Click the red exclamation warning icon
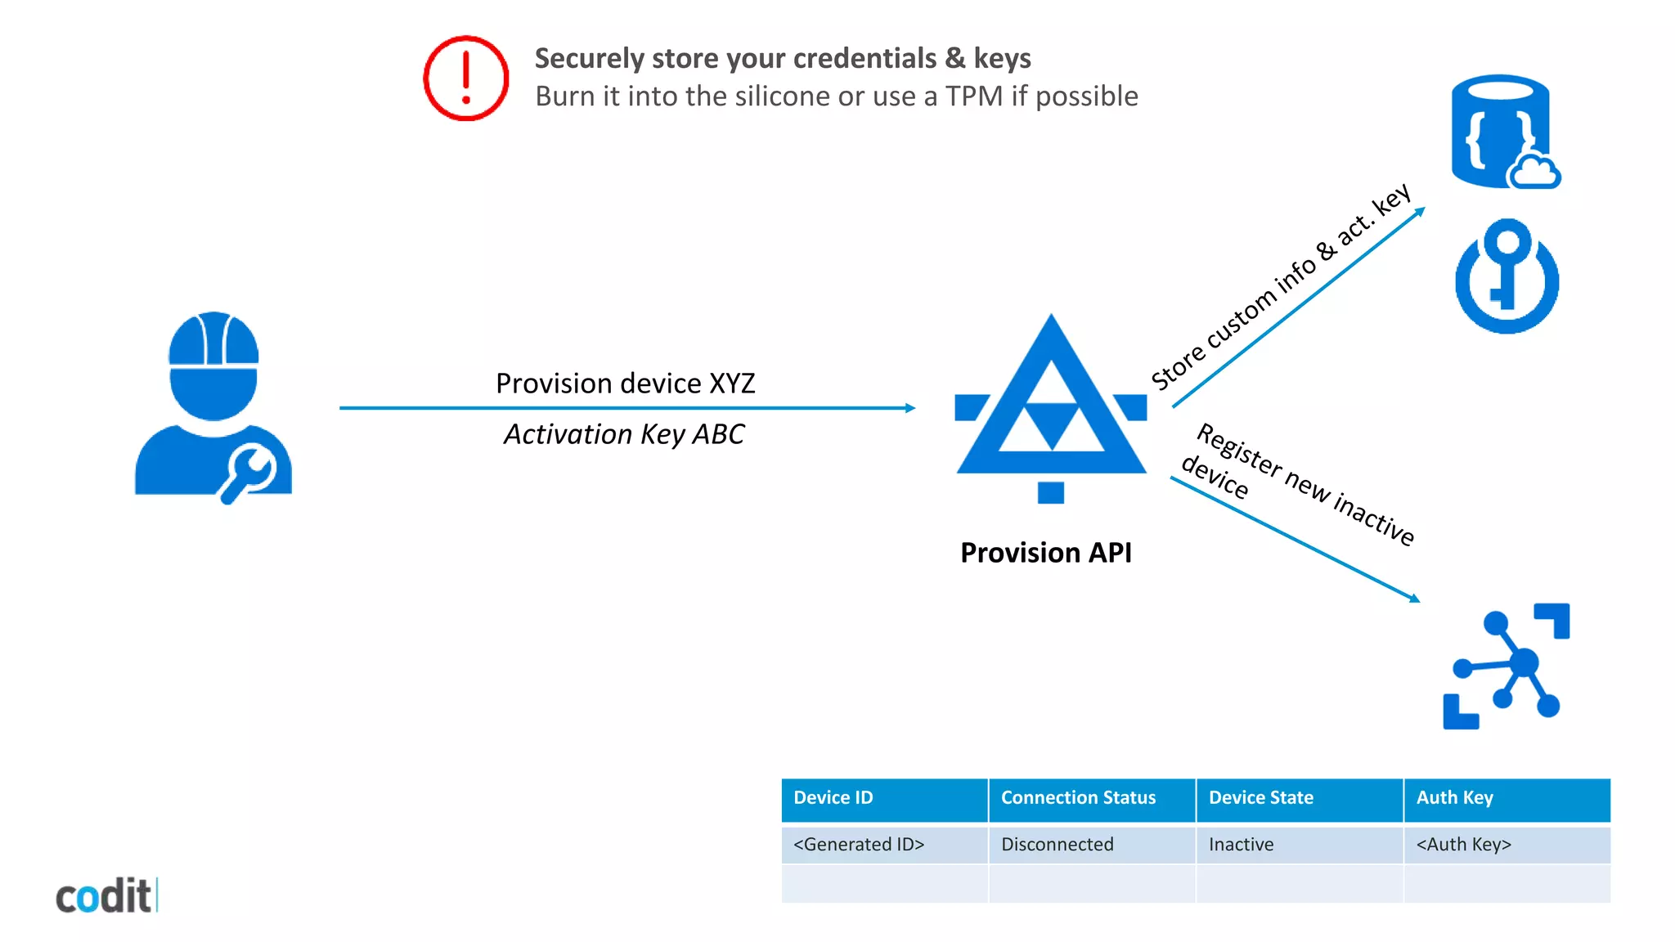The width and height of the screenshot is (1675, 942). pos(465,78)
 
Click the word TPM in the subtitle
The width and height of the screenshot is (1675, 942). pos(973,96)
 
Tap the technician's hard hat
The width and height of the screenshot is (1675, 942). pos(213,339)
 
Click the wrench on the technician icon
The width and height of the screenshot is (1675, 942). pos(251,472)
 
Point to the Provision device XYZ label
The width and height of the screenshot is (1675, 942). pos(625,383)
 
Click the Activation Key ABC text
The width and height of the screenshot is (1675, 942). pos(624,434)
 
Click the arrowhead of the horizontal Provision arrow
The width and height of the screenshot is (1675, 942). pos(910,407)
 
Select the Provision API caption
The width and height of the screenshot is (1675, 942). pos(1045,553)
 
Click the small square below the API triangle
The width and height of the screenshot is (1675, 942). pos(1050,492)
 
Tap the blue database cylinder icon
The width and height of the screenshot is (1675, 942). pos(1502,131)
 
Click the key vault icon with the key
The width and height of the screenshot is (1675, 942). pos(1507,276)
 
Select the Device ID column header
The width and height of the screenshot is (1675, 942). pos(833,797)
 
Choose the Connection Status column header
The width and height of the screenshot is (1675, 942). pos(1078,797)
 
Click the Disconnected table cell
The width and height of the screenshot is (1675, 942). pos(1057,844)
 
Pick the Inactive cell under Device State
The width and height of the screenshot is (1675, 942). pos(1241,844)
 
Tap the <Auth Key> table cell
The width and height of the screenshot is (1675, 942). pos(1463,844)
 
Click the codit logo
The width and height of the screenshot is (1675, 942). pos(105,896)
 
